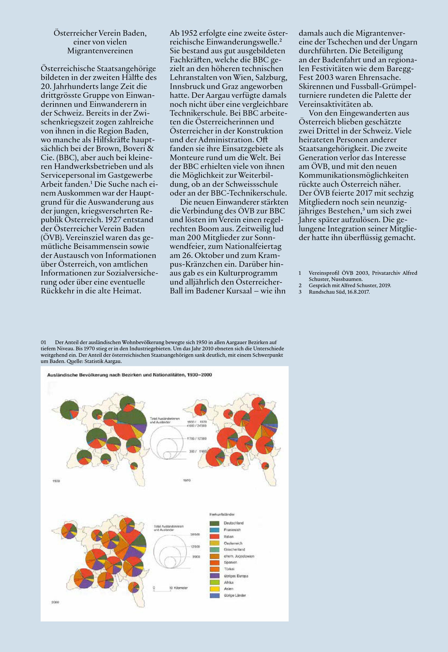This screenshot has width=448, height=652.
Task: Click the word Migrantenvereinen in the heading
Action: tap(100, 51)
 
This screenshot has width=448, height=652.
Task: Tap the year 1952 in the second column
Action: tap(189, 33)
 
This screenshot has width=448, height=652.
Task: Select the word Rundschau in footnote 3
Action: tap(321, 292)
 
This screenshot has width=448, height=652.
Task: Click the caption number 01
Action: tap(43, 342)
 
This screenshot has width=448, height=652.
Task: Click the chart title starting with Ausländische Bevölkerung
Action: tap(129, 375)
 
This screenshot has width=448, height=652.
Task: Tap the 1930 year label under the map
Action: tap(56, 481)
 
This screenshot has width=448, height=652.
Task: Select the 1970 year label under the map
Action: tap(187, 481)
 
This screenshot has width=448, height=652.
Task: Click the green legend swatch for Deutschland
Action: tap(214, 523)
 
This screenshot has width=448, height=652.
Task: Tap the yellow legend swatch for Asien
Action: tap(214, 589)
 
